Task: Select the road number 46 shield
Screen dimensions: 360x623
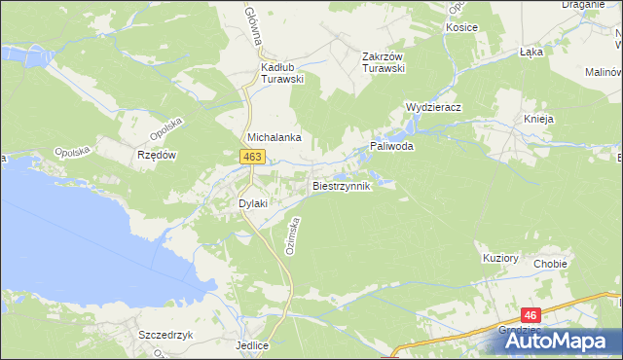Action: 530,315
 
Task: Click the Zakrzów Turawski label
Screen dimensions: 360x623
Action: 383,62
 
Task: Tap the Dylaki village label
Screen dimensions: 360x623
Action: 253,203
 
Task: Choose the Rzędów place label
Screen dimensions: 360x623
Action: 156,155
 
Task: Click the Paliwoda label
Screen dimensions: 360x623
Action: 391,146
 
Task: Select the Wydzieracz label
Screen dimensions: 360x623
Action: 432,107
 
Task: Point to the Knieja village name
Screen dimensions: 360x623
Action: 538,119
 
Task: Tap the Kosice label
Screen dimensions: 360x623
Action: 461,27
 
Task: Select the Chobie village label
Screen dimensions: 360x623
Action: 550,264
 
